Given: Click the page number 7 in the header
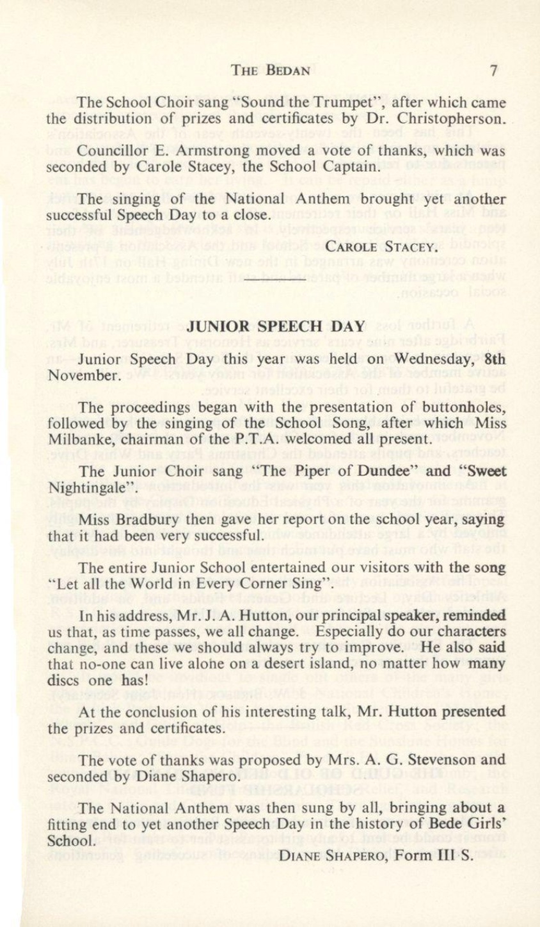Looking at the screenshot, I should click(x=493, y=70).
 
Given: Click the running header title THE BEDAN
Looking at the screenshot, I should click(x=271, y=70).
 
